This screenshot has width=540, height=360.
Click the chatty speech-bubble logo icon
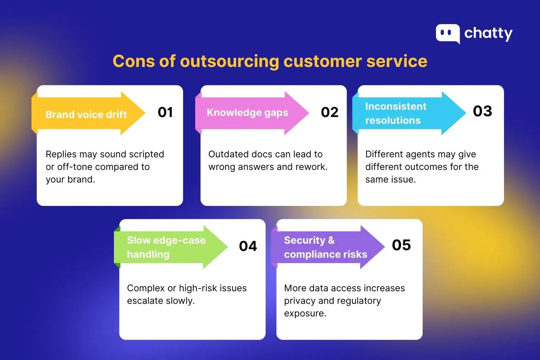pos(447,33)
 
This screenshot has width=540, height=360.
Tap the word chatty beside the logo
pos(488,33)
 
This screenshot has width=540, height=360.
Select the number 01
pos(165,112)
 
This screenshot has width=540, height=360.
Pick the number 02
pos(329,112)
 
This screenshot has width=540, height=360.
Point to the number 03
pos(482,111)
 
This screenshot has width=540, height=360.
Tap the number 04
pos(248,246)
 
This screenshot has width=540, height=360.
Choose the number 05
pos(401,245)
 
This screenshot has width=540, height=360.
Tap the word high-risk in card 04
pos(199,288)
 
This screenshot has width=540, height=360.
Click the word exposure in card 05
pos(305,314)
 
